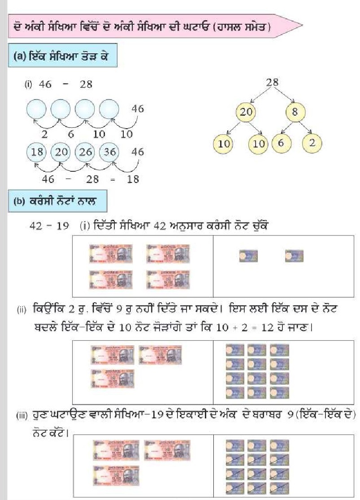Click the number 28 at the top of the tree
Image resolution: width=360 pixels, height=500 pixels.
click(x=272, y=82)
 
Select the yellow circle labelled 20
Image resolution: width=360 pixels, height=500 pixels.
click(x=246, y=112)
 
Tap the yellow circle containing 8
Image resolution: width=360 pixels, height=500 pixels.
click(x=295, y=112)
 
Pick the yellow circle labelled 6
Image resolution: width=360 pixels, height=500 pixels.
click(x=281, y=144)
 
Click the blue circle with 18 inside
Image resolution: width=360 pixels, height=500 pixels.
click(x=37, y=152)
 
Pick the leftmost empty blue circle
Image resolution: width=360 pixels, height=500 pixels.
click(x=37, y=109)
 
